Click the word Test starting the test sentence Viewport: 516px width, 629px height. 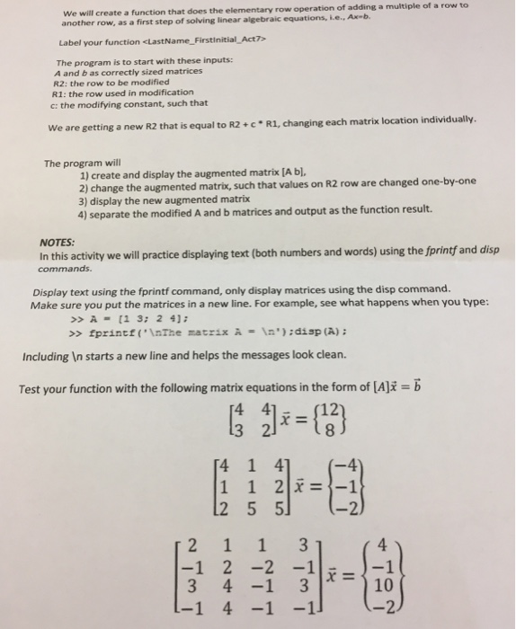pos(31,388)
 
